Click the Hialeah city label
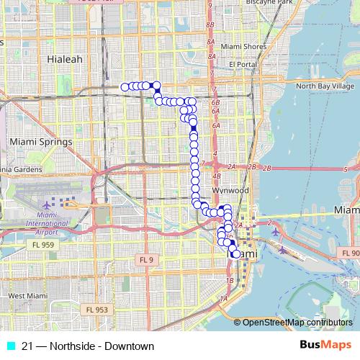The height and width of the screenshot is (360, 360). point(65,58)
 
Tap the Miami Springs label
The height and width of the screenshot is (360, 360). point(36,142)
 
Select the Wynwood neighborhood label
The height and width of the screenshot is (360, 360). point(230,190)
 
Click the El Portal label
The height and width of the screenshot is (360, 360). point(243,64)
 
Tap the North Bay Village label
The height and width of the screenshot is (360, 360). point(325,86)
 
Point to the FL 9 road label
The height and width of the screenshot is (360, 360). point(147,259)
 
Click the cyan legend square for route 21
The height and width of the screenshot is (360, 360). point(10,346)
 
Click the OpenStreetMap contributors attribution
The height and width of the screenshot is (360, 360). point(297,323)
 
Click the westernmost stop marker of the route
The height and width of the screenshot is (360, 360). point(125,87)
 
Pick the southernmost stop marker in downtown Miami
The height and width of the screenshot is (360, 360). point(235,254)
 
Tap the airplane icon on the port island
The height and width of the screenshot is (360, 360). point(282,251)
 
